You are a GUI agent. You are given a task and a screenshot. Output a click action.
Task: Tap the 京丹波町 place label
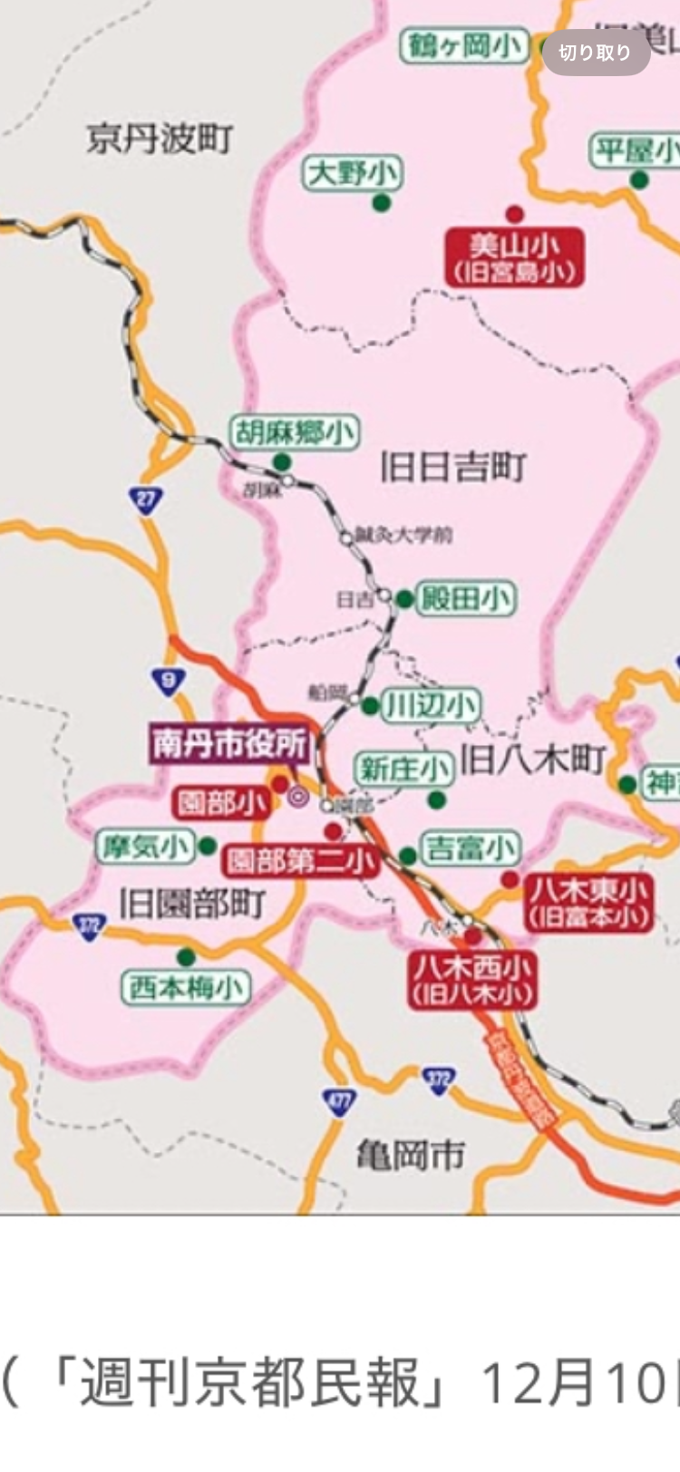[160, 140]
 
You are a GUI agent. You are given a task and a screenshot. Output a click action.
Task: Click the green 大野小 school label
[352, 172]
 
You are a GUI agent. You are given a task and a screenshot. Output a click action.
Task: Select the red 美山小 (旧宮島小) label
[514, 257]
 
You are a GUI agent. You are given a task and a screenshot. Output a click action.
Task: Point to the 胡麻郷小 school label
[294, 432]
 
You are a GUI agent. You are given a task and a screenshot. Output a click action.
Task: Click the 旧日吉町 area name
[452, 468]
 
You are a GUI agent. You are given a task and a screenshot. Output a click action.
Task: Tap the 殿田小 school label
[465, 598]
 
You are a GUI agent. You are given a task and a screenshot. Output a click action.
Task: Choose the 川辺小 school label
[430, 705]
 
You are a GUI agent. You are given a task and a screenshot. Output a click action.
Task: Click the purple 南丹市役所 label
[229, 744]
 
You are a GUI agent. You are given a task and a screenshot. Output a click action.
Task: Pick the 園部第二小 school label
[301, 860]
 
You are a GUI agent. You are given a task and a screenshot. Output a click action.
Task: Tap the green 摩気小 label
[145, 847]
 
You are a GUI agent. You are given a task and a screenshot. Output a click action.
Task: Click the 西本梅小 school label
[186, 987]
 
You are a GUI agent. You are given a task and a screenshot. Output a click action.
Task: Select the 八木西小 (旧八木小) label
[471, 980]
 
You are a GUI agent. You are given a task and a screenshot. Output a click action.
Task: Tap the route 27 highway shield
[146, 499]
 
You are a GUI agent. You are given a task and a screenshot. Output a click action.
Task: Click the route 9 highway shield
[169, 681]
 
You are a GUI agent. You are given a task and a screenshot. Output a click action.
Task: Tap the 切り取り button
[595, 53]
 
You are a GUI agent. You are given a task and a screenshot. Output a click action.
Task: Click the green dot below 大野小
[381, 202]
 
